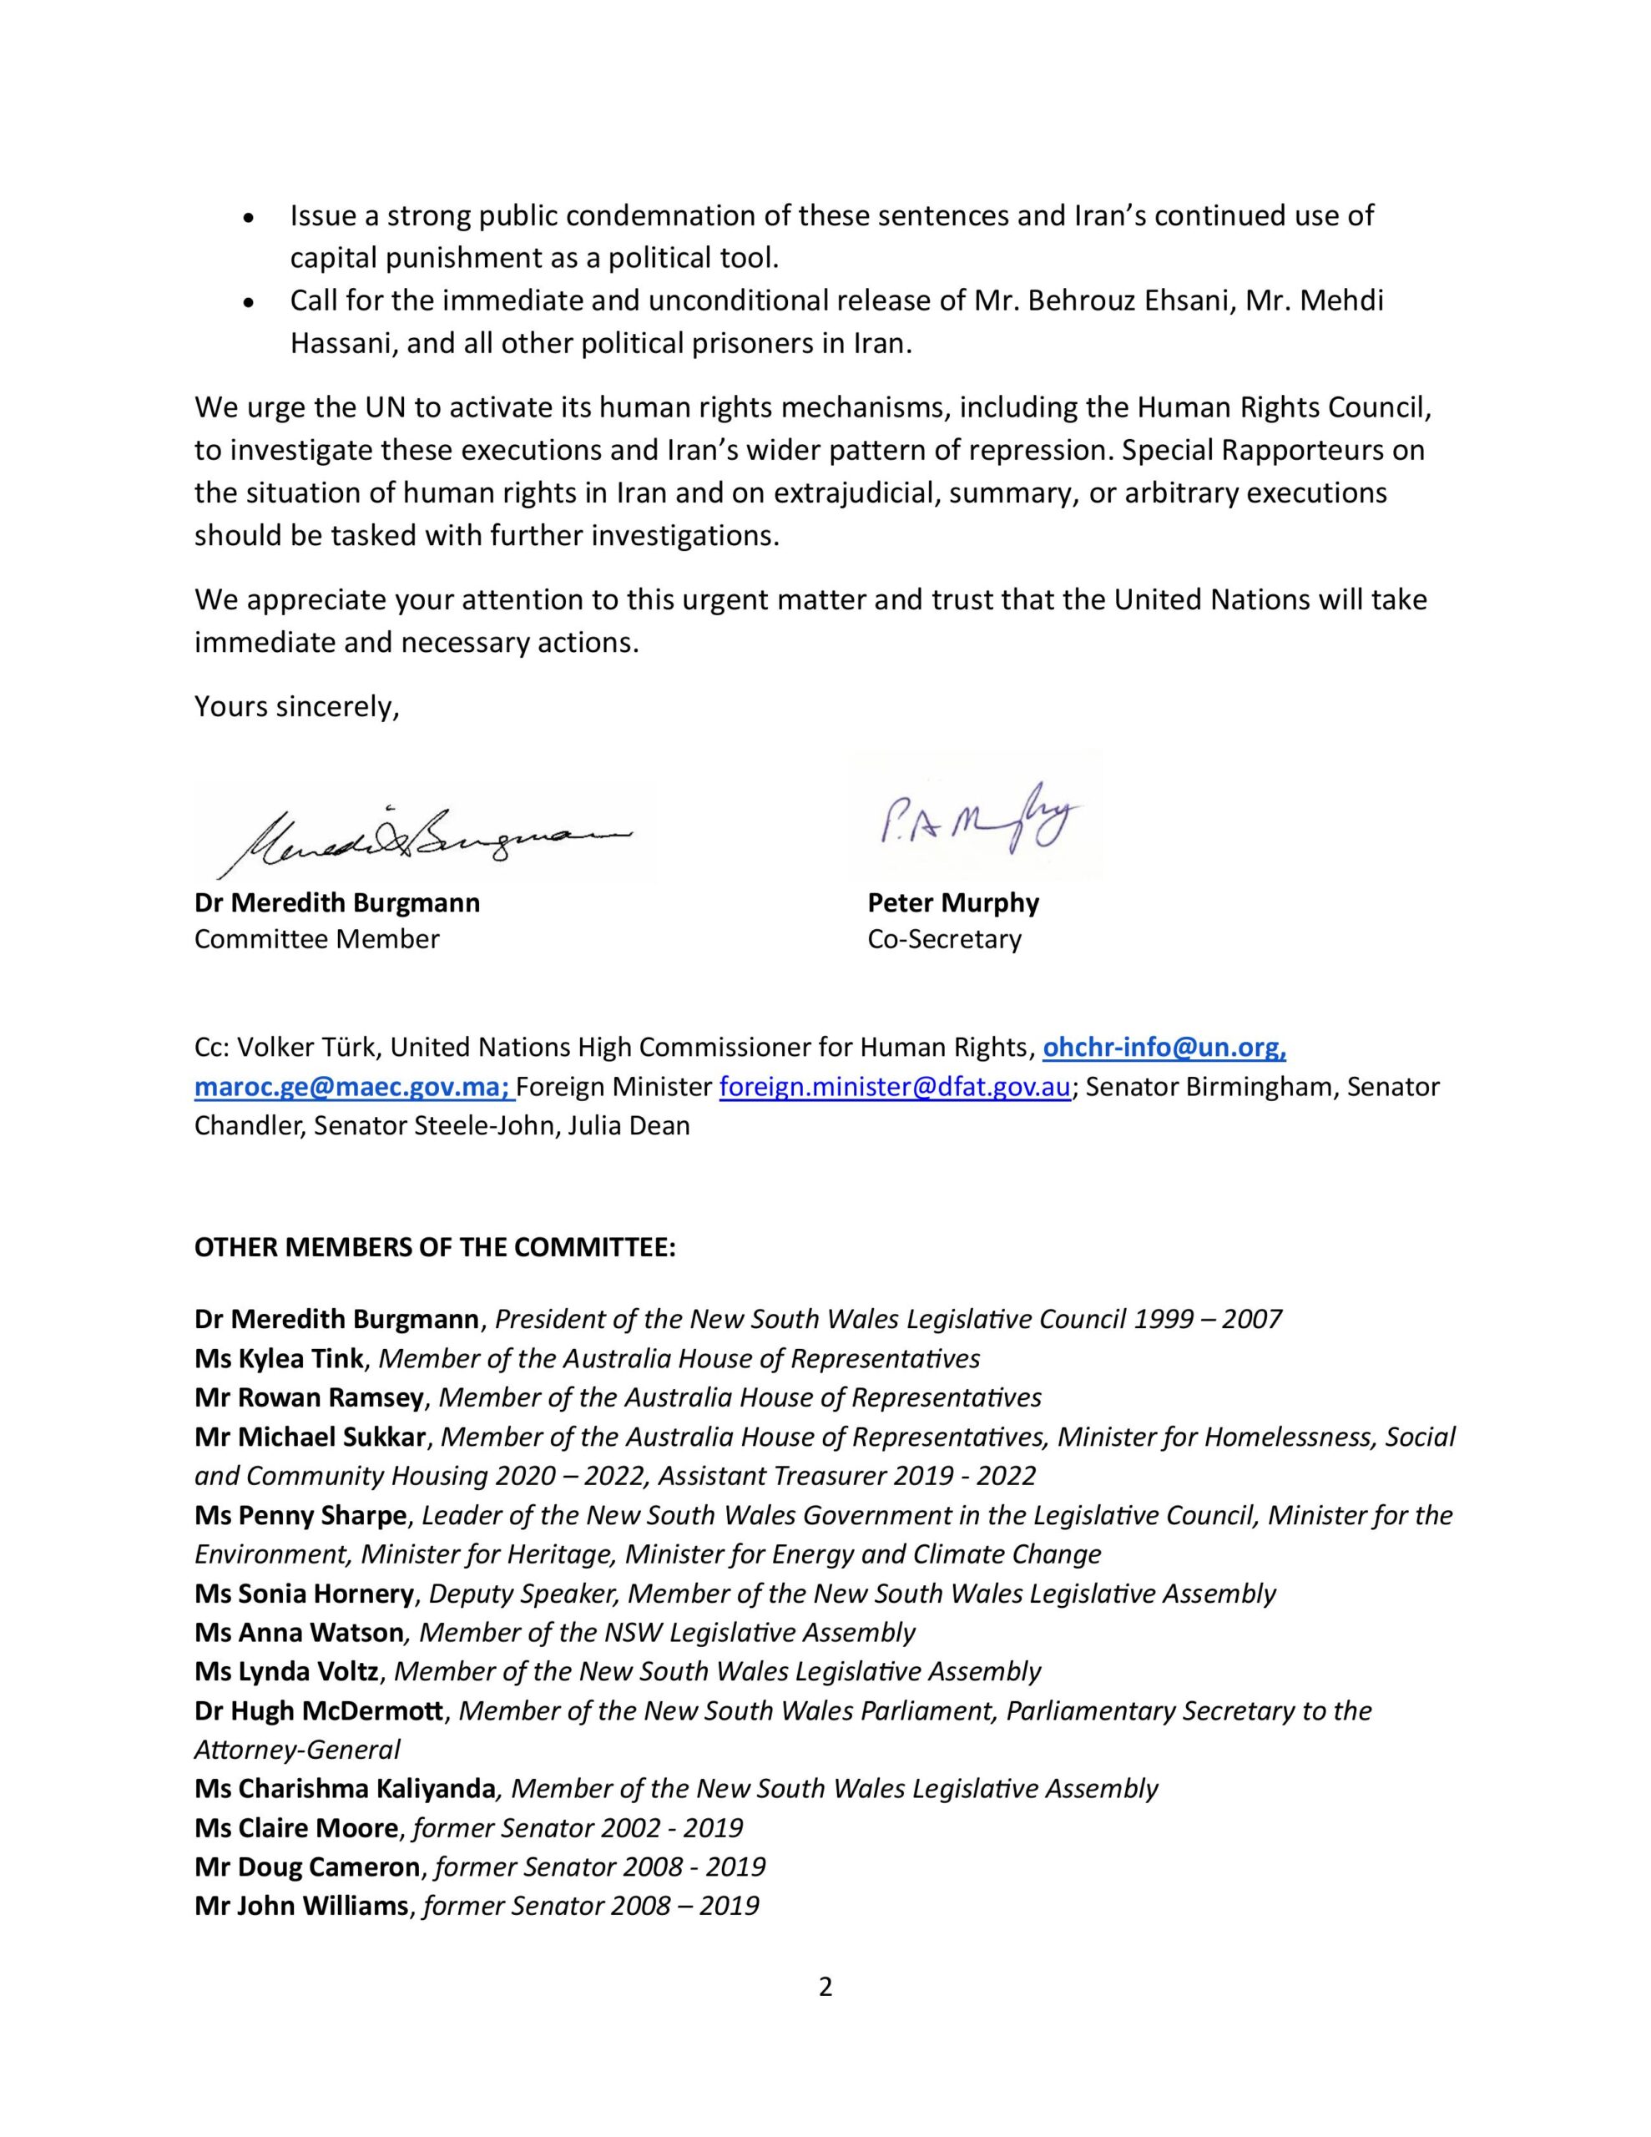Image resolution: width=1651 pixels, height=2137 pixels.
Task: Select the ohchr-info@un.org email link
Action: (1164, 1048)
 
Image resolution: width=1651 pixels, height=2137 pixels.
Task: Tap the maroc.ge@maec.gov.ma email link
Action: (353, 1087)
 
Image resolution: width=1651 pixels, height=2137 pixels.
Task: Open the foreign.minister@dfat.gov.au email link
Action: (895, 1087)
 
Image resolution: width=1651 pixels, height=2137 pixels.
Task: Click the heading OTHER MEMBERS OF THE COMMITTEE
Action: (435, 1248)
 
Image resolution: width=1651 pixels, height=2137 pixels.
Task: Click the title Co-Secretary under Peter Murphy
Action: (943, 939)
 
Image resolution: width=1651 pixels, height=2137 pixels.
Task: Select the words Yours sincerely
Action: (296, 706)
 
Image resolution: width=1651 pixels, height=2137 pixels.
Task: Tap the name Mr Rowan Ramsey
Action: (308, 1397)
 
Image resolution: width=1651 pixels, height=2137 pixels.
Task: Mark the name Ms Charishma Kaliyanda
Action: (345, 1789)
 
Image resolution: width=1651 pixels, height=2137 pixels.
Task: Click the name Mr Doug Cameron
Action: (307, 1867)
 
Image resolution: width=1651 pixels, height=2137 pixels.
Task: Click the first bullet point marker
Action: (250, 217)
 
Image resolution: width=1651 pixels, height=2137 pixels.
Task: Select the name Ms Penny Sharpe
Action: (300, 1515)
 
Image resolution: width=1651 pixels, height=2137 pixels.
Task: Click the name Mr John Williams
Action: (301, 1906)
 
